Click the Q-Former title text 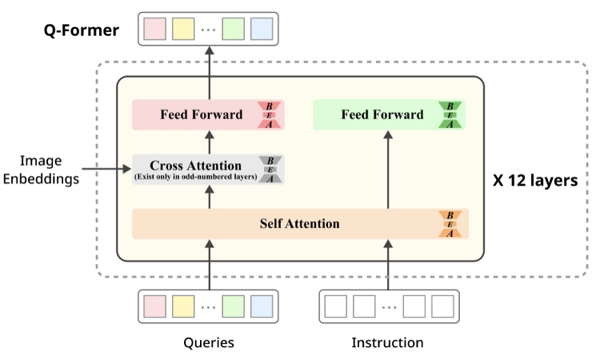(81, 30)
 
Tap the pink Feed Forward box (208, 114)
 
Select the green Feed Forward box (389, 114)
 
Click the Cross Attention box (208, 169)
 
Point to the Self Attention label (300, 224)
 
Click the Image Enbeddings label (41, 170)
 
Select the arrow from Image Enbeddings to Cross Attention (106, 169)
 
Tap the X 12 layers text (535, 180)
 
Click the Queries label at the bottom (209, 342)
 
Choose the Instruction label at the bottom (387, 342)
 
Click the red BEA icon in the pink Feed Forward (269, 115)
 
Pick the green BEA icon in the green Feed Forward (450, 115)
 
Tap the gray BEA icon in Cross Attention (270, 170)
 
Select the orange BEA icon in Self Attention (450, 224)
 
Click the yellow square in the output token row (183, 29)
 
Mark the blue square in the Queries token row (262, 306)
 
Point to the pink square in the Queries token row (154, 306)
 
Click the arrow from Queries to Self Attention (210, 265)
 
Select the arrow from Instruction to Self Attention (388, 265)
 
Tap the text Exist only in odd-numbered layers (195, 177)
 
